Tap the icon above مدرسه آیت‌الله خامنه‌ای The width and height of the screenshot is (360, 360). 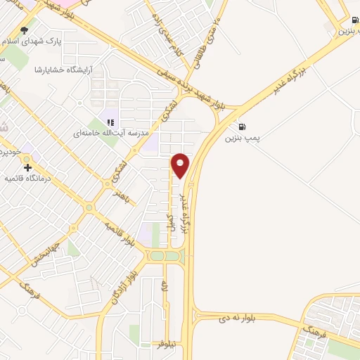coord(110,122)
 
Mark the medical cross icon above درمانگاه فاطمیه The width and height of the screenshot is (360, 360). coord(27,167)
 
